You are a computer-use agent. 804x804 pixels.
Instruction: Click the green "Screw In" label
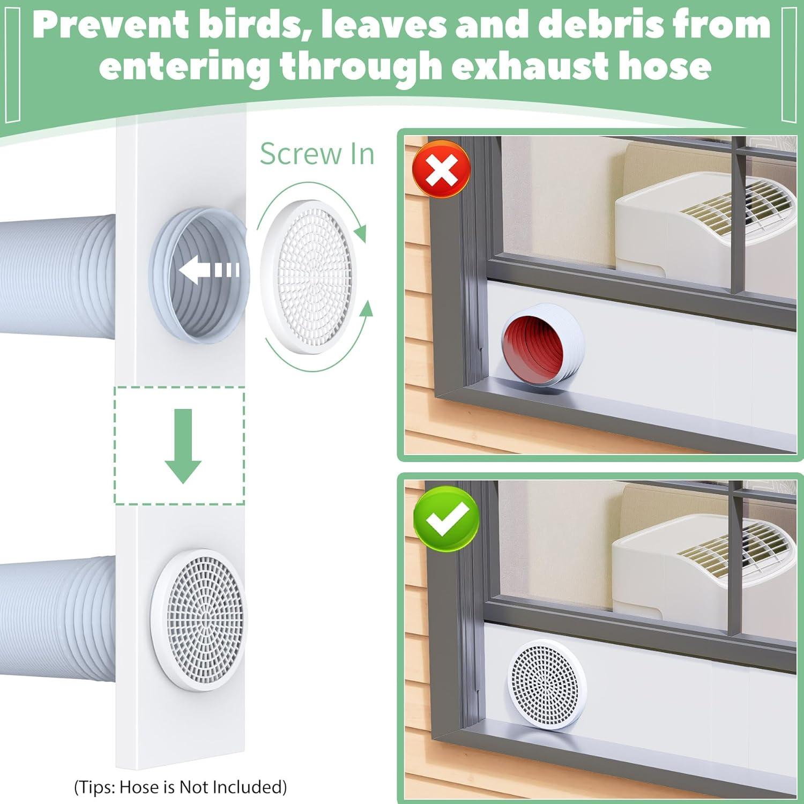(317, 154)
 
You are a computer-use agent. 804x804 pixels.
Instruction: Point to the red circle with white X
(441, 169)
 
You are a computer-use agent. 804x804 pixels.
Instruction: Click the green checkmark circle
(446, 518)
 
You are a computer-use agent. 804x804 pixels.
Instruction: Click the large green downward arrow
(183, 445)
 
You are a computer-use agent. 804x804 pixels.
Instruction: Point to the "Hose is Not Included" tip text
(180, 786)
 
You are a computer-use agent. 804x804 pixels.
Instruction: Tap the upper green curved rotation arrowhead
(361, 234)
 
